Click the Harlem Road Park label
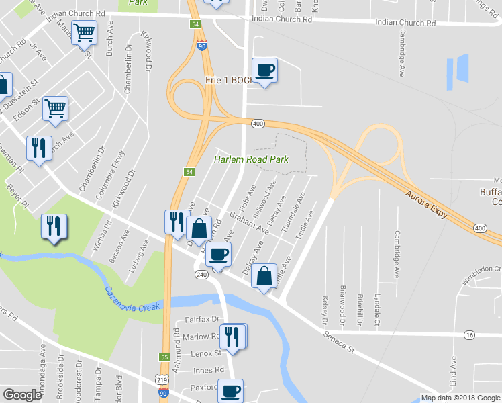click(x=250, y=159)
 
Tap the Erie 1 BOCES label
click(x=228, y=81)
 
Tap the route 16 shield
click(x=469, y=334)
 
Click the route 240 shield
click(x=201, y=275)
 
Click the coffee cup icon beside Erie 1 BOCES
click(x=264, y=70)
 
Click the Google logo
click(x=22, y=395)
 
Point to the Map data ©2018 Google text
click(x=460, y=398)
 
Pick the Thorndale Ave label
click(x=293, y=214)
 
